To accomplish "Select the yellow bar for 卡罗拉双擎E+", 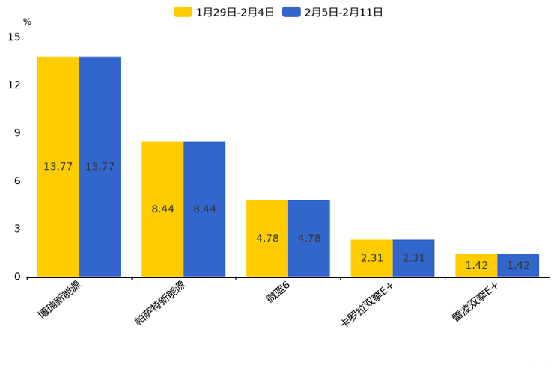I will [371, 258].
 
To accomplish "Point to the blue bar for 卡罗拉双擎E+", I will [413, 258].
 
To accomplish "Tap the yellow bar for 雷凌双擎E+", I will [476, 266].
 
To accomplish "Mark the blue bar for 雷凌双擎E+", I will [518, 266].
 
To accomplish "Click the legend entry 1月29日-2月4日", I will [225, 12].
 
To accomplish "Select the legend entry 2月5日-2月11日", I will [334, 12].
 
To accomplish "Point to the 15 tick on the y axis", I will [14, 37].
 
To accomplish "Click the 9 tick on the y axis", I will [17, 132].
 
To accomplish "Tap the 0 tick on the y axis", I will [17, 277].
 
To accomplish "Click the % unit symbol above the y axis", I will [27, 22].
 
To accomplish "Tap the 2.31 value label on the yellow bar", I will [371, 258].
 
